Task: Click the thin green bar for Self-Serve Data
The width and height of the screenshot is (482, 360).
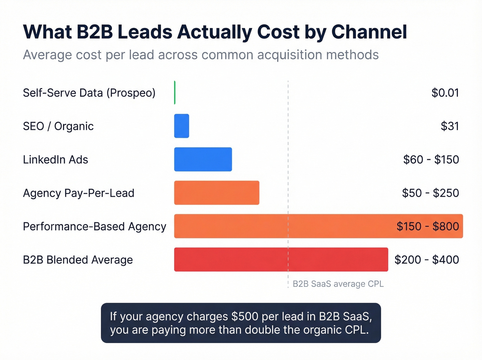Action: click(x=175, y=93)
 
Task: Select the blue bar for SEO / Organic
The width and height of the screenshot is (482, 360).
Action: click(x=181, y=126)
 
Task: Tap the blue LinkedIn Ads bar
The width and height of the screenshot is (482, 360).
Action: click(x=203, y=160)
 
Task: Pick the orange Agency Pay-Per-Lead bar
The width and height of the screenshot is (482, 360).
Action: click(x=217, y=193)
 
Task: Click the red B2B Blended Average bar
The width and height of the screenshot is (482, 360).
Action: click(x=281, y=259)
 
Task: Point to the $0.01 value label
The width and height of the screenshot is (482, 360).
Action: click(x=445, y=93)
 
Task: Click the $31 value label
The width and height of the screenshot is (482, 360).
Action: click(x=450, y=126)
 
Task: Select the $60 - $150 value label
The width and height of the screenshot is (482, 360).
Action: click(x=431, y=160)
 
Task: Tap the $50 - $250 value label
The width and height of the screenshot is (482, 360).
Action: click(x=430, y=193)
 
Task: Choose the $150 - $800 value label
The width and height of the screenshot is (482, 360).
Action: click(x=428, y=226)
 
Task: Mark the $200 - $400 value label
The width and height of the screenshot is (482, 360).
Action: click(x=427, y=259)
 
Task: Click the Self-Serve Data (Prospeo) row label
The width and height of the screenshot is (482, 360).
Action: click(x=89, y=93)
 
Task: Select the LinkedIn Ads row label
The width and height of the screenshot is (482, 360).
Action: click(x=55, y=160)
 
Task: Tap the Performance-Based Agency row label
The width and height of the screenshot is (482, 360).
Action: click(x=94, y=226)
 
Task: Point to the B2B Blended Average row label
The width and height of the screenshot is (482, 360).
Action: click(x=78, y=260)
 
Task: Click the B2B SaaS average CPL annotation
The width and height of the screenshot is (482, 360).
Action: click(x=338, y=284)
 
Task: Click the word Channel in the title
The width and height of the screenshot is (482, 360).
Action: click(x=369, y=32)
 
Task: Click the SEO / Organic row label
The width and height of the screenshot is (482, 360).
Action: click(x=58, y=126)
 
